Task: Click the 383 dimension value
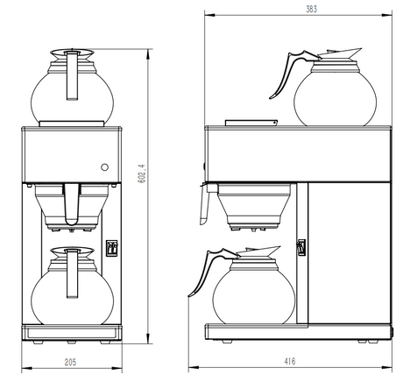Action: click(311, 10)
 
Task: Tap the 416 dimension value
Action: click(290, 362)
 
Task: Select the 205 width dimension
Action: click(70, 362)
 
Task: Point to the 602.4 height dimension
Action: click(141, 173)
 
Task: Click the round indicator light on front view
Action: click(104, 167)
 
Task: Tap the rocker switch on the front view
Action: click(111, 248)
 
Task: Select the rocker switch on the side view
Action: click(301, 248)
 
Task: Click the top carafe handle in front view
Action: click(72, 75)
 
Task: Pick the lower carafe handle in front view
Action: click(72, 273)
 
